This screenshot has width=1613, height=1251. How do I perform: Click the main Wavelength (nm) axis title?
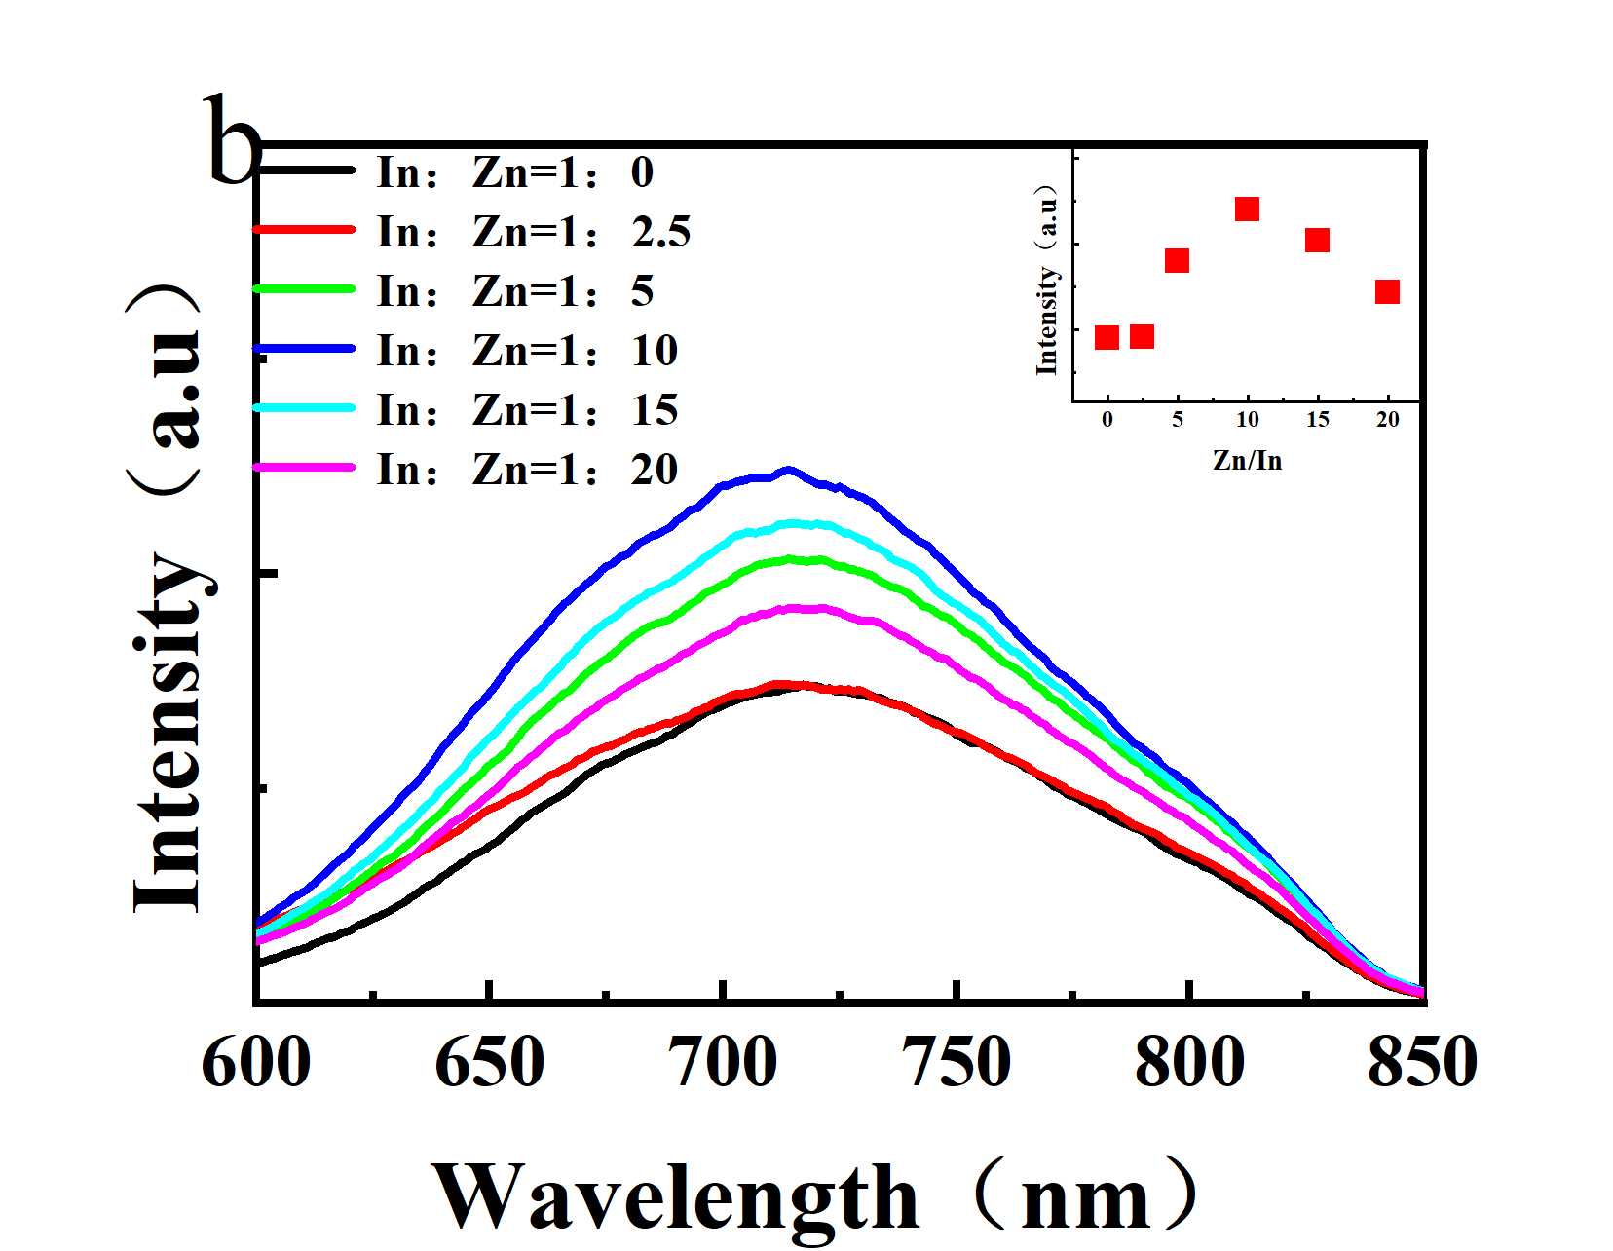[816, 1197]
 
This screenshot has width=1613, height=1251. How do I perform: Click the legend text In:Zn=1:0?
[515, 173]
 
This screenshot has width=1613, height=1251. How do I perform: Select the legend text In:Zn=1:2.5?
[534, 233]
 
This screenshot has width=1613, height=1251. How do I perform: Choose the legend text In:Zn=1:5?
[515, 291]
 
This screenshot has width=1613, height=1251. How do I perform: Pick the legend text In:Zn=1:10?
[527, 351]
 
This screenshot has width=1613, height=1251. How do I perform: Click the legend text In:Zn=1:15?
[527, 410]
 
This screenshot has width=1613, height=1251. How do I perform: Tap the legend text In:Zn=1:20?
[527, 470]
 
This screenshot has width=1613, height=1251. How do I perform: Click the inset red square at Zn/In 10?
[1247, 208]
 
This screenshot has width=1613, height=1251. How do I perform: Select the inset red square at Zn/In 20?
[1387, 291]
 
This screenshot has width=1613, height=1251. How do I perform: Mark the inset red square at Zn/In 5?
[1177, 260]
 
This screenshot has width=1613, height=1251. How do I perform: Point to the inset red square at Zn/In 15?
[1317, 240]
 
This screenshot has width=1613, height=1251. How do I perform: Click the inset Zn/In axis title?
[1247, 460]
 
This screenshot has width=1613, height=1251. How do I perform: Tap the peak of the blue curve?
[788, 470]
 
